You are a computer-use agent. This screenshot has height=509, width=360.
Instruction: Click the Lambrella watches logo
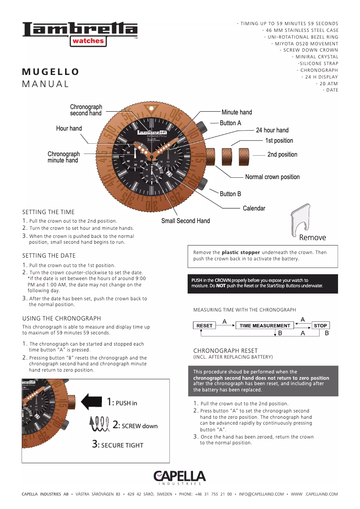click(x=80, y=33)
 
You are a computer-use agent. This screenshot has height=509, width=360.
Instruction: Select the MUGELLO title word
click(x=51, y=72)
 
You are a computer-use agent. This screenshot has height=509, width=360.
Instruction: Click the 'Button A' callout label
click(x=230, y=123)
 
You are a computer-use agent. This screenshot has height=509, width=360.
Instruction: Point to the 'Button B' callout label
click(x=230, y=194)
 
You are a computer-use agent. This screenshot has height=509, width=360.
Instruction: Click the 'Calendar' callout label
click(x=254, y=208)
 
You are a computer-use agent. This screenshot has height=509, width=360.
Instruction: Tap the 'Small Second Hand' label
click(x=185, y=221)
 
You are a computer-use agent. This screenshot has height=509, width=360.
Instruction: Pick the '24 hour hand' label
click(x=272, y=130)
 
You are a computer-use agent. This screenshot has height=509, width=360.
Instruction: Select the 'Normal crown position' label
click(x=272, y=177)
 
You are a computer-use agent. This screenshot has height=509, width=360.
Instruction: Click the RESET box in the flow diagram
click(x=205, y=325)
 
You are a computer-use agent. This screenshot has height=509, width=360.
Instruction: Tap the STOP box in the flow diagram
click(x=320, y=325)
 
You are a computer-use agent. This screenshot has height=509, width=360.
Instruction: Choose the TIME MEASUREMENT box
click(x=265, y=325)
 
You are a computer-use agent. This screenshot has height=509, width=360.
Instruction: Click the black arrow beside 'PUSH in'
click(x=93, y=401)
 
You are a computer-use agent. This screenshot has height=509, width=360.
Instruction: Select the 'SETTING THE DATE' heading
click(x=49, y=256)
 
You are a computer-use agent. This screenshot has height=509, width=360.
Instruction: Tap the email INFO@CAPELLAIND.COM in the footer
click(x=261, y=494)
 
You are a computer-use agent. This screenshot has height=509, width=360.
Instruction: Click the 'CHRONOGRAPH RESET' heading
click(x=225, y=351)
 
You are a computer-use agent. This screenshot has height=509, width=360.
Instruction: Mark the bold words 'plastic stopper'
click(x=241, y=252)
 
